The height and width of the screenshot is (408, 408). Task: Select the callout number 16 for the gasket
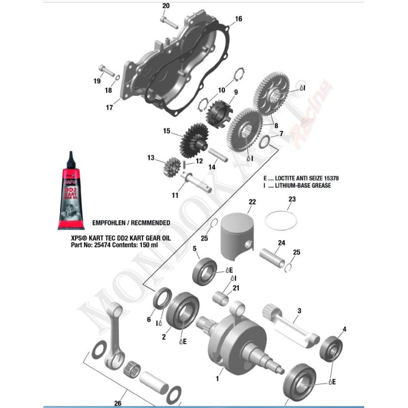pos(238,19)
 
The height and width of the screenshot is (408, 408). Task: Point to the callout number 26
pos(118,403)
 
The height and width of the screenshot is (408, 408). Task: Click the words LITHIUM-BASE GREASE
pos(303,186)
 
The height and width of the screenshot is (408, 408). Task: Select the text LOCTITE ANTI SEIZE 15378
pos(307,178)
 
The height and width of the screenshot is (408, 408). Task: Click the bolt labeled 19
pos(106,69)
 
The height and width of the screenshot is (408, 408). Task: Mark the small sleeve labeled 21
pos(222,297)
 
